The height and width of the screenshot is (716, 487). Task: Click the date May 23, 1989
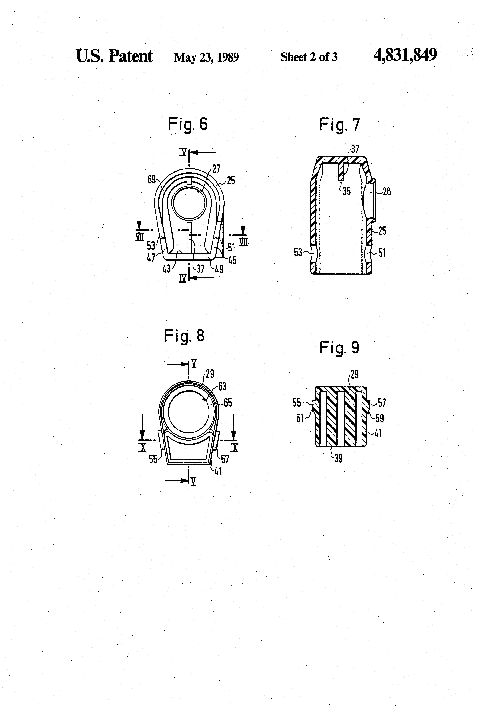206,57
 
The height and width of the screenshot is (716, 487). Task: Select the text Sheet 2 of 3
309,57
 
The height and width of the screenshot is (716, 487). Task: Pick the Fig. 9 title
339,348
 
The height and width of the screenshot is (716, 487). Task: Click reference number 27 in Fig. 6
216,169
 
